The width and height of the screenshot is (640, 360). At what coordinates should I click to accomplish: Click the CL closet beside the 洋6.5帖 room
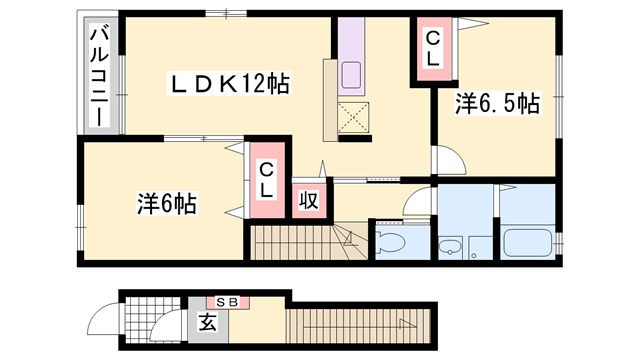(x=432, y=48)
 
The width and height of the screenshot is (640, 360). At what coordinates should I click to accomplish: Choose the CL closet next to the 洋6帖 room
(x=267, y=180)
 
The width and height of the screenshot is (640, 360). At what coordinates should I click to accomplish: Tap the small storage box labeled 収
(x=308, y=199)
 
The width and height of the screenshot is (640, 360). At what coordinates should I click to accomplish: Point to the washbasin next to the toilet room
(x=450, y=247)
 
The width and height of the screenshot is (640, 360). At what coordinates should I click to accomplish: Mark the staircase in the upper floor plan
(x=301, y=242)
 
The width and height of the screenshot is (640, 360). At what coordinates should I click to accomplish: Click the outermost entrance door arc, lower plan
(x=105, y=321)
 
